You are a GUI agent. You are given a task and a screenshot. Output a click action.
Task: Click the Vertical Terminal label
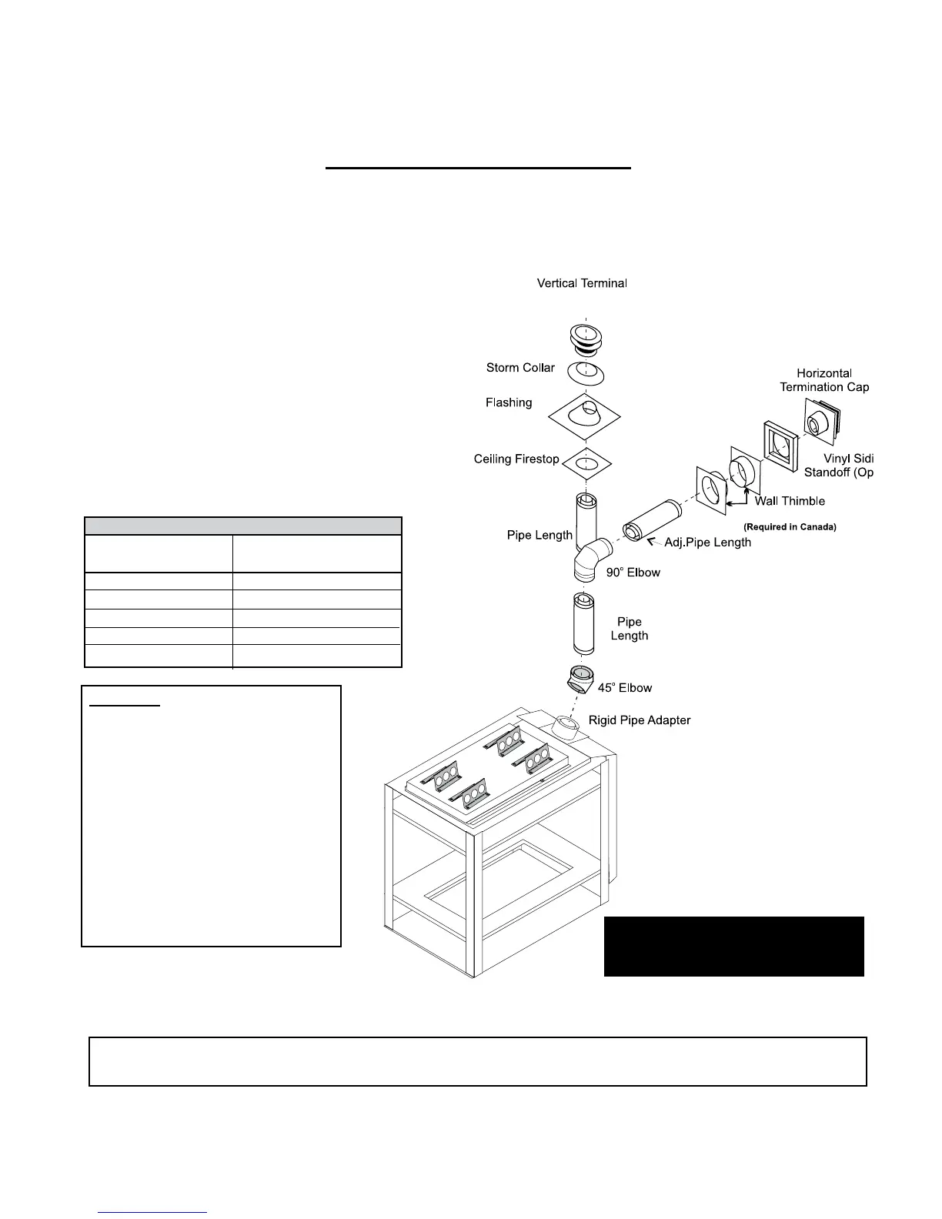[582, 283]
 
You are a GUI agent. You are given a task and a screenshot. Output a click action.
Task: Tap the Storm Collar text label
[520, 368]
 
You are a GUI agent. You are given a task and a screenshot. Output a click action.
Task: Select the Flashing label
[509, 402]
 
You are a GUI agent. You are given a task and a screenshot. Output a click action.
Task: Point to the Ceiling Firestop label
[516, 459]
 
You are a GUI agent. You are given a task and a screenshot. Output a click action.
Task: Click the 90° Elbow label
[633, 573]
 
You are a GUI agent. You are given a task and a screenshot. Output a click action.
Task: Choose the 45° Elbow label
[625, 688]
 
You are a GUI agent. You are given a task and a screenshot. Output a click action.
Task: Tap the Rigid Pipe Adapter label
[640, 720]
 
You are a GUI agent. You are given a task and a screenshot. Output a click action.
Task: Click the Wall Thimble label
[790, 501]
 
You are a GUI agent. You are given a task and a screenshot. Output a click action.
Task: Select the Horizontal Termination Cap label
[824, 380]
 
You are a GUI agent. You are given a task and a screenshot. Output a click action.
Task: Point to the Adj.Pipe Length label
[708, 543]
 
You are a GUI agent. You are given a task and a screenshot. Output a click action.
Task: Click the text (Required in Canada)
[790, 527]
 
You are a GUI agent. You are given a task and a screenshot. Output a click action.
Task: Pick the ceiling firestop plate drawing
[586, 464]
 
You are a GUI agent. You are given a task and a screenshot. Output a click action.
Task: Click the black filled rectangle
[733, 946]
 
